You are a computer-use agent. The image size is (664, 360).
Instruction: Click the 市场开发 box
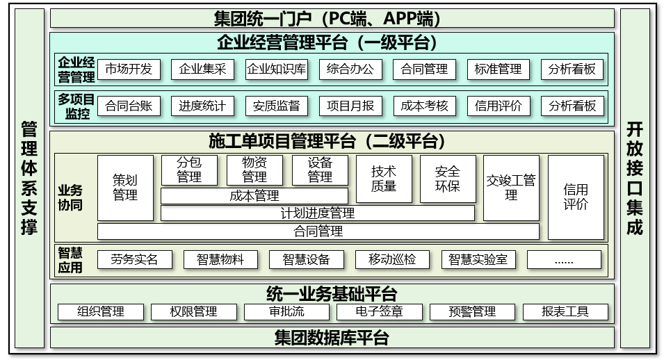[x=129, y=69]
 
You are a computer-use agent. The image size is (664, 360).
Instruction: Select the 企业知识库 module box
[x=277, y=69]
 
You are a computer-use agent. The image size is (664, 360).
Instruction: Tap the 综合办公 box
[x=350, y=69]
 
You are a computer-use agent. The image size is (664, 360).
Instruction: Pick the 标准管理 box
[x=499, y=69]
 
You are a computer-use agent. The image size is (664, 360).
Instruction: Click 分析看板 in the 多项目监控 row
[x=572, y=106]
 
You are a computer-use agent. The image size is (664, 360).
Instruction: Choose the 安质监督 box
[x=277, y=106]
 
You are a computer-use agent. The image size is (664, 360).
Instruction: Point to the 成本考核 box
[x=424, y=106]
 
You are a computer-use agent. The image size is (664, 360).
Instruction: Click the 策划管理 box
[x=125, y=188]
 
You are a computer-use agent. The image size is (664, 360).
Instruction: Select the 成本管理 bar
[x=254, y=196]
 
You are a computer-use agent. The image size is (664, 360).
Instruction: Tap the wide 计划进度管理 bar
[x=318, y=213]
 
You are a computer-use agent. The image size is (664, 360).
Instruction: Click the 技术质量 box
[x=384, y=179]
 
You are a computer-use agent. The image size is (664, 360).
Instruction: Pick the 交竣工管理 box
[x=511, y=188]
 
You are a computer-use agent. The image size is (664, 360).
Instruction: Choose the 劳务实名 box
[x=135, y=260]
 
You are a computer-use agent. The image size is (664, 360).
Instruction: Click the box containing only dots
[x=564, y=260]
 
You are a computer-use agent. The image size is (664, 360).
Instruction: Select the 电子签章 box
[x=380, y=312]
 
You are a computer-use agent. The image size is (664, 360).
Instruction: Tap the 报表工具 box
[x=565, y=312]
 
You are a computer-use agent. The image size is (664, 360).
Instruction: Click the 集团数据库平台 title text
[x=332, y=338]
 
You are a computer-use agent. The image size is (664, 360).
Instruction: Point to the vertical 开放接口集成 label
[x=635, y=179]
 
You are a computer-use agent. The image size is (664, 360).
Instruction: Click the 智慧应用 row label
[x=70, y=260]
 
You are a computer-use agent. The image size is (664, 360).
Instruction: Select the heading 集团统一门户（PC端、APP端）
[x=327, y=19]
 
